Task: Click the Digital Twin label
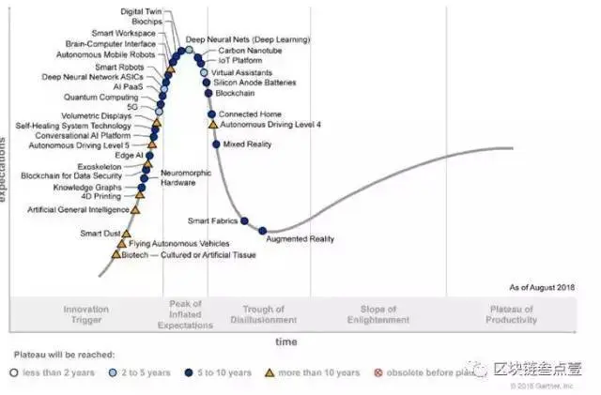point(140,11)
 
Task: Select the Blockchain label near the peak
point(235,93)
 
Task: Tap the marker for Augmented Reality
point(263,231)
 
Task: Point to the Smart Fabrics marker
point(244,221)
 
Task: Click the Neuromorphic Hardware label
point(178,178)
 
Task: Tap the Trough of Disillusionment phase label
point(263,314)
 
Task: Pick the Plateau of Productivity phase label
point(513,314)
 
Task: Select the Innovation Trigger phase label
point(86,314)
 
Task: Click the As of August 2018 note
point(541,286)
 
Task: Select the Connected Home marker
point(212,114)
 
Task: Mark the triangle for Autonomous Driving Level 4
point(212,124)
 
